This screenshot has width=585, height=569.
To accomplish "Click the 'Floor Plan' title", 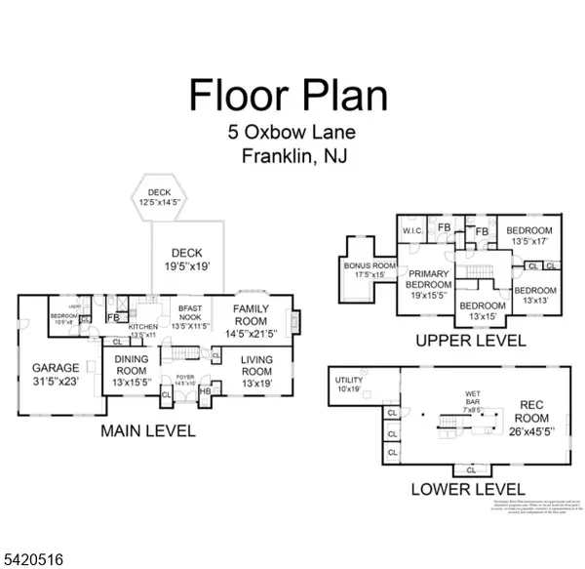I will pos(288,95).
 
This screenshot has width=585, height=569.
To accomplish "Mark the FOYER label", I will pos(183,380).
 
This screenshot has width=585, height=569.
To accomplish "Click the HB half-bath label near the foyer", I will pos(205,391).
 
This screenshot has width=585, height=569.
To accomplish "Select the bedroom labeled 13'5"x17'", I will pos(530,235).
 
